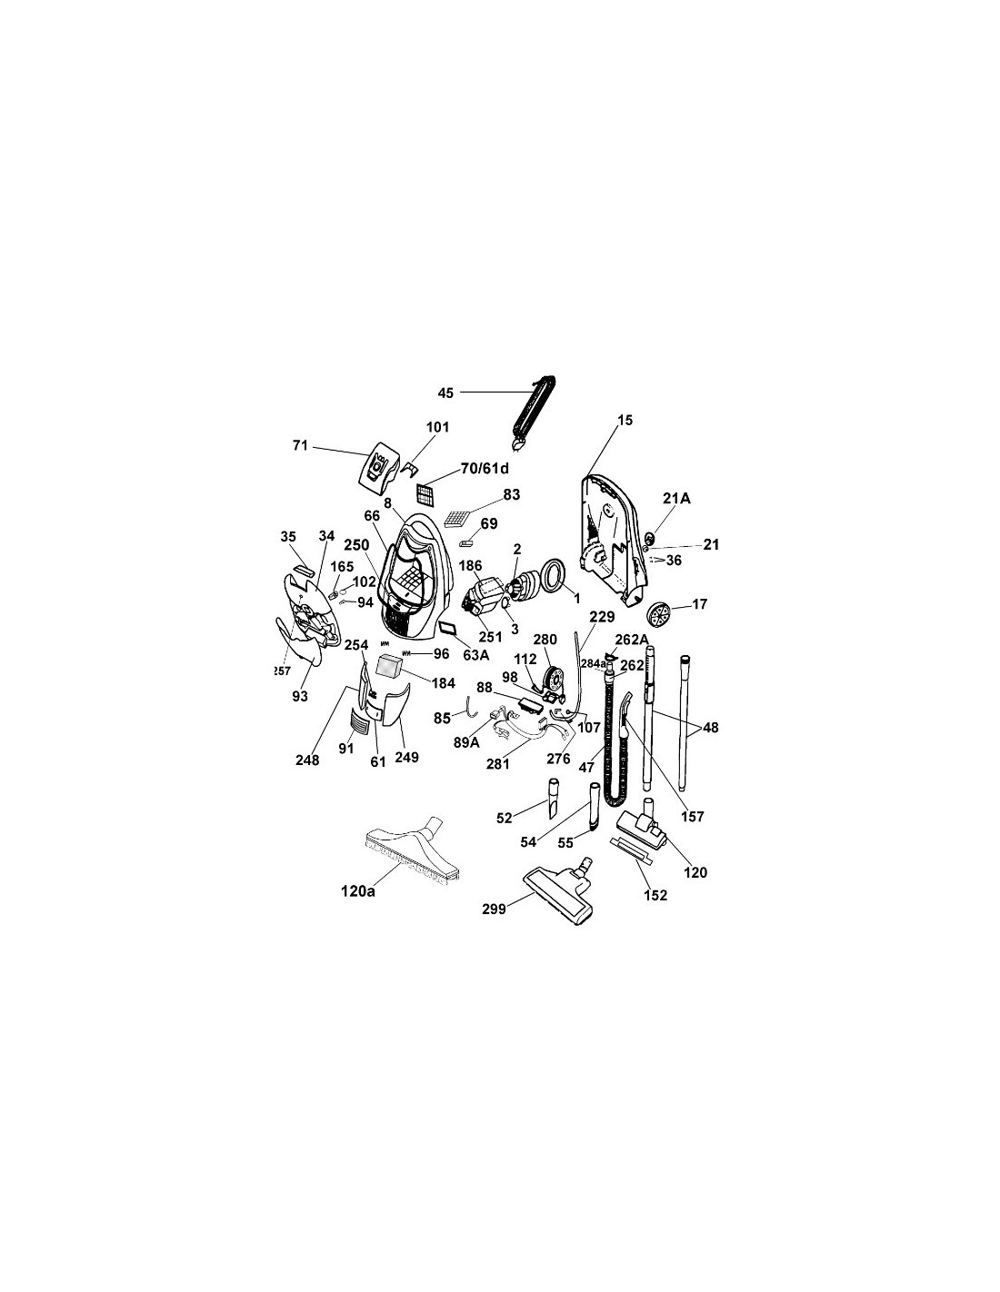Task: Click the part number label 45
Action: pos(445,393)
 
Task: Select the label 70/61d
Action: pos(485,468)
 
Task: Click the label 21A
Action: pos(677,498)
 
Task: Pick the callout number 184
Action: pos(444,683)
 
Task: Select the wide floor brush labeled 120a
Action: pos(411,850)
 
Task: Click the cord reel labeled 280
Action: pos(555,678)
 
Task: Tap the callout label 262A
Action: pos(632,639)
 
